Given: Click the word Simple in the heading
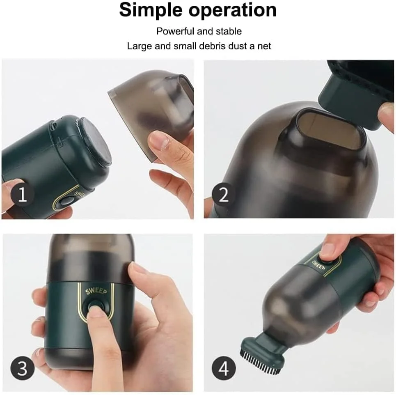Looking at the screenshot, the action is pos(151,11).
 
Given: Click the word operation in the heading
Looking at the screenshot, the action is pos(232,10).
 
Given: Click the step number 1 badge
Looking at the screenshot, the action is pos(23,194).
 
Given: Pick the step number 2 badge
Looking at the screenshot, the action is pos(224,194).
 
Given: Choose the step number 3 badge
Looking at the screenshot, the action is pos(23,368).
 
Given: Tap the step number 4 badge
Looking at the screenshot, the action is pos(224,368).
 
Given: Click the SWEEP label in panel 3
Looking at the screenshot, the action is pos(96,291).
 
